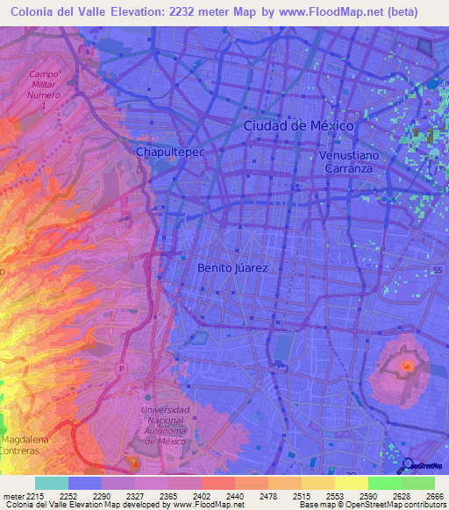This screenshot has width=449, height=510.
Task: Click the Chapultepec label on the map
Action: [169, 152]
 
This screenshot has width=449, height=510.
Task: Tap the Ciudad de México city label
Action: [298, 125]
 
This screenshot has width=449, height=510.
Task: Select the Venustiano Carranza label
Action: [351, 161]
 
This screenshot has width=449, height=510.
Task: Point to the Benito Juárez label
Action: [232, 267]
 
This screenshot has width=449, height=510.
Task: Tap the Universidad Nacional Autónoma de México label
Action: [165, 426]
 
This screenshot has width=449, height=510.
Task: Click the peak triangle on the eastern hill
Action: [407, 365]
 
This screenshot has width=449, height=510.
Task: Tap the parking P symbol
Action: [121, 368]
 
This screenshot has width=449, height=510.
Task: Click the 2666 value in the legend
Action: [434, 496]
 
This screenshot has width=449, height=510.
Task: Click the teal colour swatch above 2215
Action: [52, 483]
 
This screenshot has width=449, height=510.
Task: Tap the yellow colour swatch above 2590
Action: [351, 483]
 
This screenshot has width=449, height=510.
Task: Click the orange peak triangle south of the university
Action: [133, 462]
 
